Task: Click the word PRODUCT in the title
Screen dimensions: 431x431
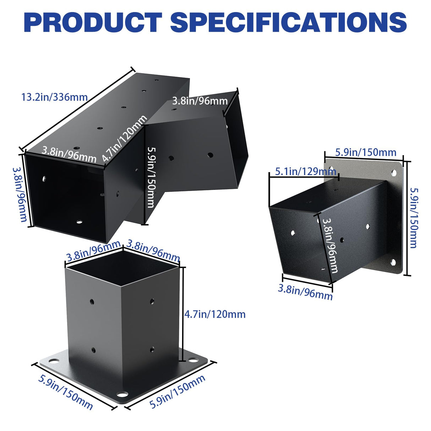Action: (x=93, y=22)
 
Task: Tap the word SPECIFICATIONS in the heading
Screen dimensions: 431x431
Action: (x=288, y=22)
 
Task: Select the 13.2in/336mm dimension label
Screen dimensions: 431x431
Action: (x=54, y=97)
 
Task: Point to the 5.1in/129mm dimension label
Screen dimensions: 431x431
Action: (x=305, y=172)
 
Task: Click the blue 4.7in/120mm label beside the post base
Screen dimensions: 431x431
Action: (x=215, y=314)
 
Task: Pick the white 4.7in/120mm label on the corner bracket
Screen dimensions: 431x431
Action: (x=124, y=139)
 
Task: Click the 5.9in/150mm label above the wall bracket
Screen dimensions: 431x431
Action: (x=365, y=152)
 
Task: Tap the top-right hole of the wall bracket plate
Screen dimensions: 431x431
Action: (x=394, y=173)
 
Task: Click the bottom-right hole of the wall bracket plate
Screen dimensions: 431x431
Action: (x=393, y=262)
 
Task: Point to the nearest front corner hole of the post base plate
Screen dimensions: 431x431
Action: (x=123, y=395)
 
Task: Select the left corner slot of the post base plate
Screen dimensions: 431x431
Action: (x=53, y=361)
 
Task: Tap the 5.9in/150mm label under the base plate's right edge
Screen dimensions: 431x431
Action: (x=178, y=392)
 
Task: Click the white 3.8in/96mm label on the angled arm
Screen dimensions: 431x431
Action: (x=200, y=101)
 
